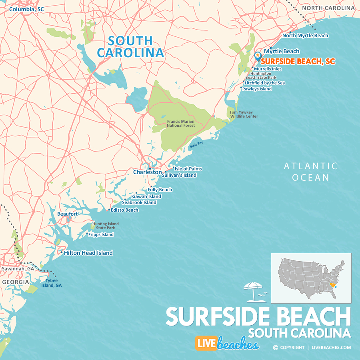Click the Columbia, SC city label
[x=26, y=9]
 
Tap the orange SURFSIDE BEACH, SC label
[x=298, y=62]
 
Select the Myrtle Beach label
[x=282, y=51]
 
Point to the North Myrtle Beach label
[x=305, y=36]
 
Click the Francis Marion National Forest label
[x=181, y=123]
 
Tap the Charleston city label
[x=147, y=172]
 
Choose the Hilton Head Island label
[x=88, y=253]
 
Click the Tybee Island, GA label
[x=54, y=283]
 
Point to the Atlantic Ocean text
[x=310, y=172]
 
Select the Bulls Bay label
[x=196, y=145]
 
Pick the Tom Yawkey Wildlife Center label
[x=244, y=114]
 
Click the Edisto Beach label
[x=124, y=210]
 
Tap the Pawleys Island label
[x=257, y=89]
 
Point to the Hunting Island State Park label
[x=106, y=226]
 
